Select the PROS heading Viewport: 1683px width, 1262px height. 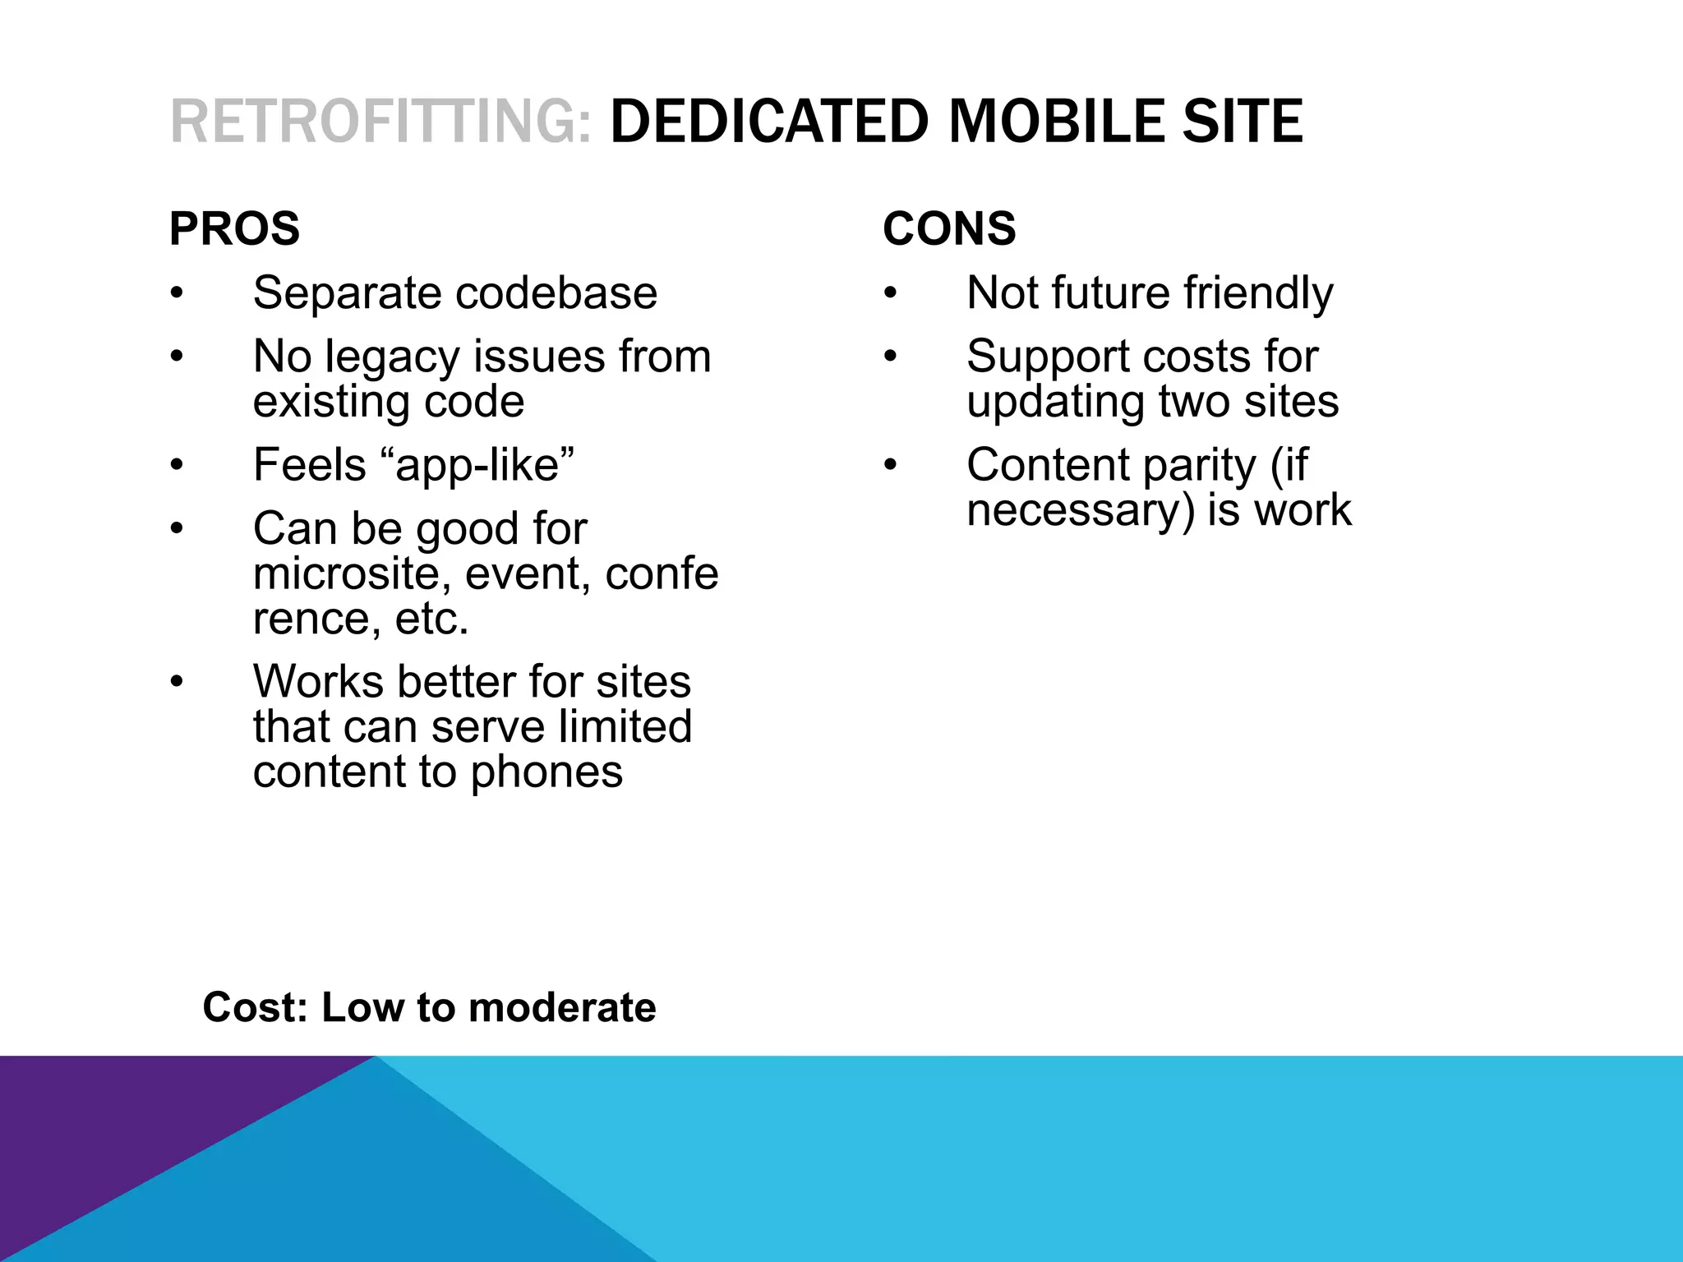click(234, 228)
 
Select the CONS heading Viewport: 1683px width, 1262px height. click(949, 228)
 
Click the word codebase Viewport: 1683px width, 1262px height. click(556, 292)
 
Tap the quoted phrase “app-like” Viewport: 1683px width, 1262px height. click(484, 465)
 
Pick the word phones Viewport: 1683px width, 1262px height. click(546, 771)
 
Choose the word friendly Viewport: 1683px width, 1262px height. click(1258, 292)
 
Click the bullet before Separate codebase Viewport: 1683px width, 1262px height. click(176, 294)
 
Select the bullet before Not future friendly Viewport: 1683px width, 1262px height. click(890, 294)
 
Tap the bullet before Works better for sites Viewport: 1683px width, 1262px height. click(176, 683)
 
